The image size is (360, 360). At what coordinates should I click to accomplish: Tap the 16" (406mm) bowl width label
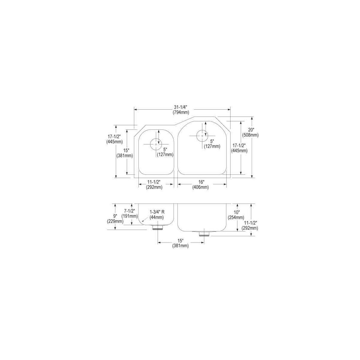click(x=200, y=184)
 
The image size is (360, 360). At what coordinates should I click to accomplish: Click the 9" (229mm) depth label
click(x=115, y=219)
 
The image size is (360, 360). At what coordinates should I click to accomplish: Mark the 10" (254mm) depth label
click(x=236, y=215)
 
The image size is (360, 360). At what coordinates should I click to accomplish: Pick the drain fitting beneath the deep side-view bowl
click(x=204, y=234)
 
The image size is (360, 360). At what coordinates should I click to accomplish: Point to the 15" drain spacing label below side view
click(x=180, y=243)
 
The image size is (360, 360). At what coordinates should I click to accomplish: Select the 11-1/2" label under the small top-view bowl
click(x=154, y=184)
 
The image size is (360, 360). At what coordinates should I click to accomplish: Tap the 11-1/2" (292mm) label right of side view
click(x=250, y=225)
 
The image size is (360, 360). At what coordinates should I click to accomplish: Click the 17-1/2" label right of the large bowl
click(x=239, y=148)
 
